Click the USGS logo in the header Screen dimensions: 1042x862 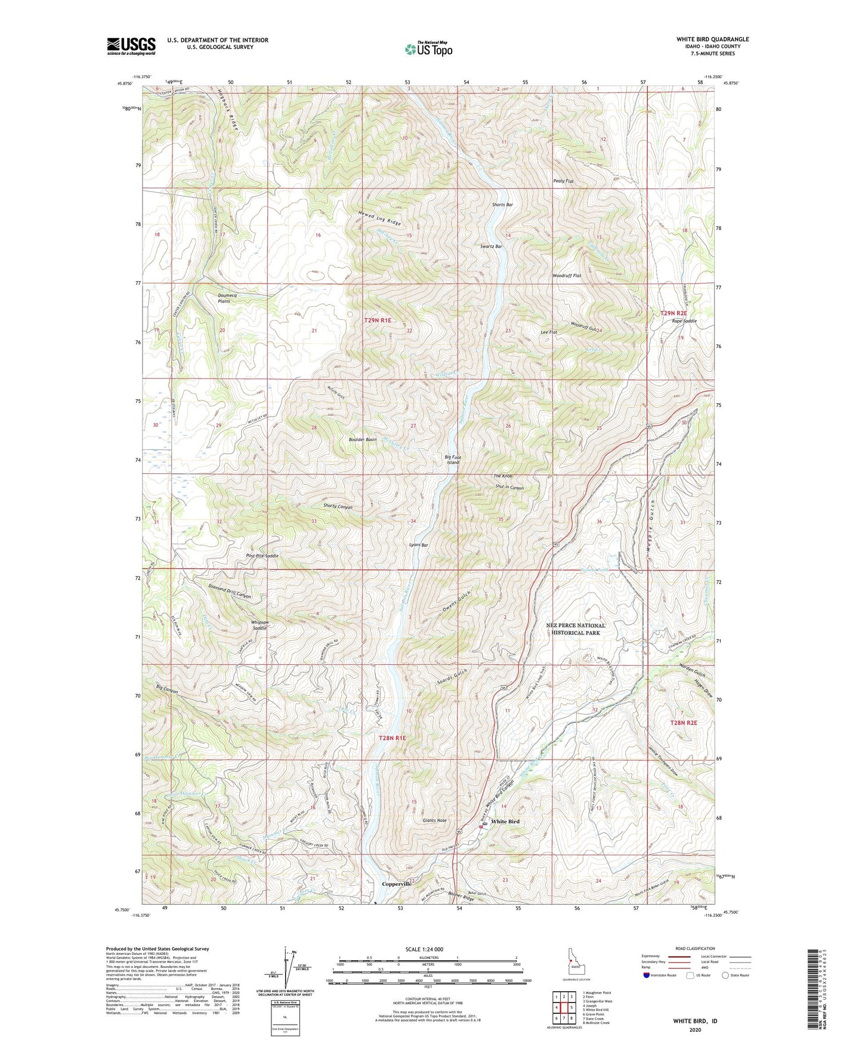[131, 46]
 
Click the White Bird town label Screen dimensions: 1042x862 [505, 822]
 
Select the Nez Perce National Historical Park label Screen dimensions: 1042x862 [576, 629]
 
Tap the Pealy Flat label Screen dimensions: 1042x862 [563, 181]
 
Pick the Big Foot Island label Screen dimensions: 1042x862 [453, 460]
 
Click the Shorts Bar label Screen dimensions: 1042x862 [502, 205]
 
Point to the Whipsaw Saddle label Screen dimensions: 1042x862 [260, 625]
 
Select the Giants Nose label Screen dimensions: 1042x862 [434, 821]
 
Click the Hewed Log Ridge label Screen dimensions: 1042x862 [379, 218]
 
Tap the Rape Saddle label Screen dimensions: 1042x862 [684, 321]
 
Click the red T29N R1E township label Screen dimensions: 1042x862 [378, 320]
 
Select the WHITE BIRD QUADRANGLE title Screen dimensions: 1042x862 [712, 39]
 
